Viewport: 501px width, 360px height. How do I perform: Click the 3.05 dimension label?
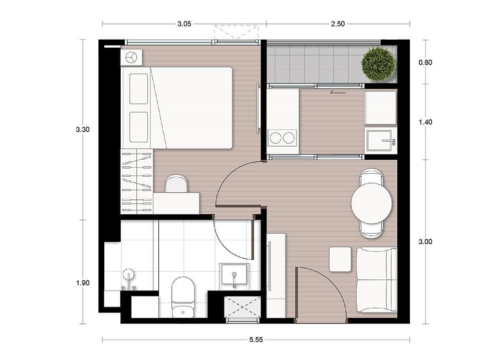[184, 24]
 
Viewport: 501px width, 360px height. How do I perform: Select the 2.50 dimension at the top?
[338, 24]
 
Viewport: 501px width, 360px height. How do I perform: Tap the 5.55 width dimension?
[256, 339]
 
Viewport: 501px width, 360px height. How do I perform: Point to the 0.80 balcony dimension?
[425, 62]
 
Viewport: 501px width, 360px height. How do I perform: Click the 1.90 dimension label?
[83, 283]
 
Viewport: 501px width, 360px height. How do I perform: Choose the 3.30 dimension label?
[83, 129]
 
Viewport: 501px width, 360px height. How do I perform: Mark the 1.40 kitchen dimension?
[425, 122]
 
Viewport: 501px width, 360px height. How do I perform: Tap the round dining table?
[372, 203]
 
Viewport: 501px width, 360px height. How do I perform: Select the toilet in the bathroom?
[183, 297]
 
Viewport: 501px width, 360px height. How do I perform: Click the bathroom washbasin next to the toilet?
[233, 274]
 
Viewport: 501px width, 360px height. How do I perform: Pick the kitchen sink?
[380, 141]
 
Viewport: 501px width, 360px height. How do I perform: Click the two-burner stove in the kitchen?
[282, 138]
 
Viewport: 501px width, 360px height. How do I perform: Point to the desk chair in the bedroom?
[176, 184]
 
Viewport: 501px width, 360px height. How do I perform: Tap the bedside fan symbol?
[131, 58]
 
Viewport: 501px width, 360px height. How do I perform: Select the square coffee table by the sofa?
[340, 259]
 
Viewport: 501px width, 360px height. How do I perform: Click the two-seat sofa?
[376, 280]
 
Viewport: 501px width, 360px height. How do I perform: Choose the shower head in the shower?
[129, 275]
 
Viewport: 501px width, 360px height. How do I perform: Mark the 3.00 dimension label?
[425, 242]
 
